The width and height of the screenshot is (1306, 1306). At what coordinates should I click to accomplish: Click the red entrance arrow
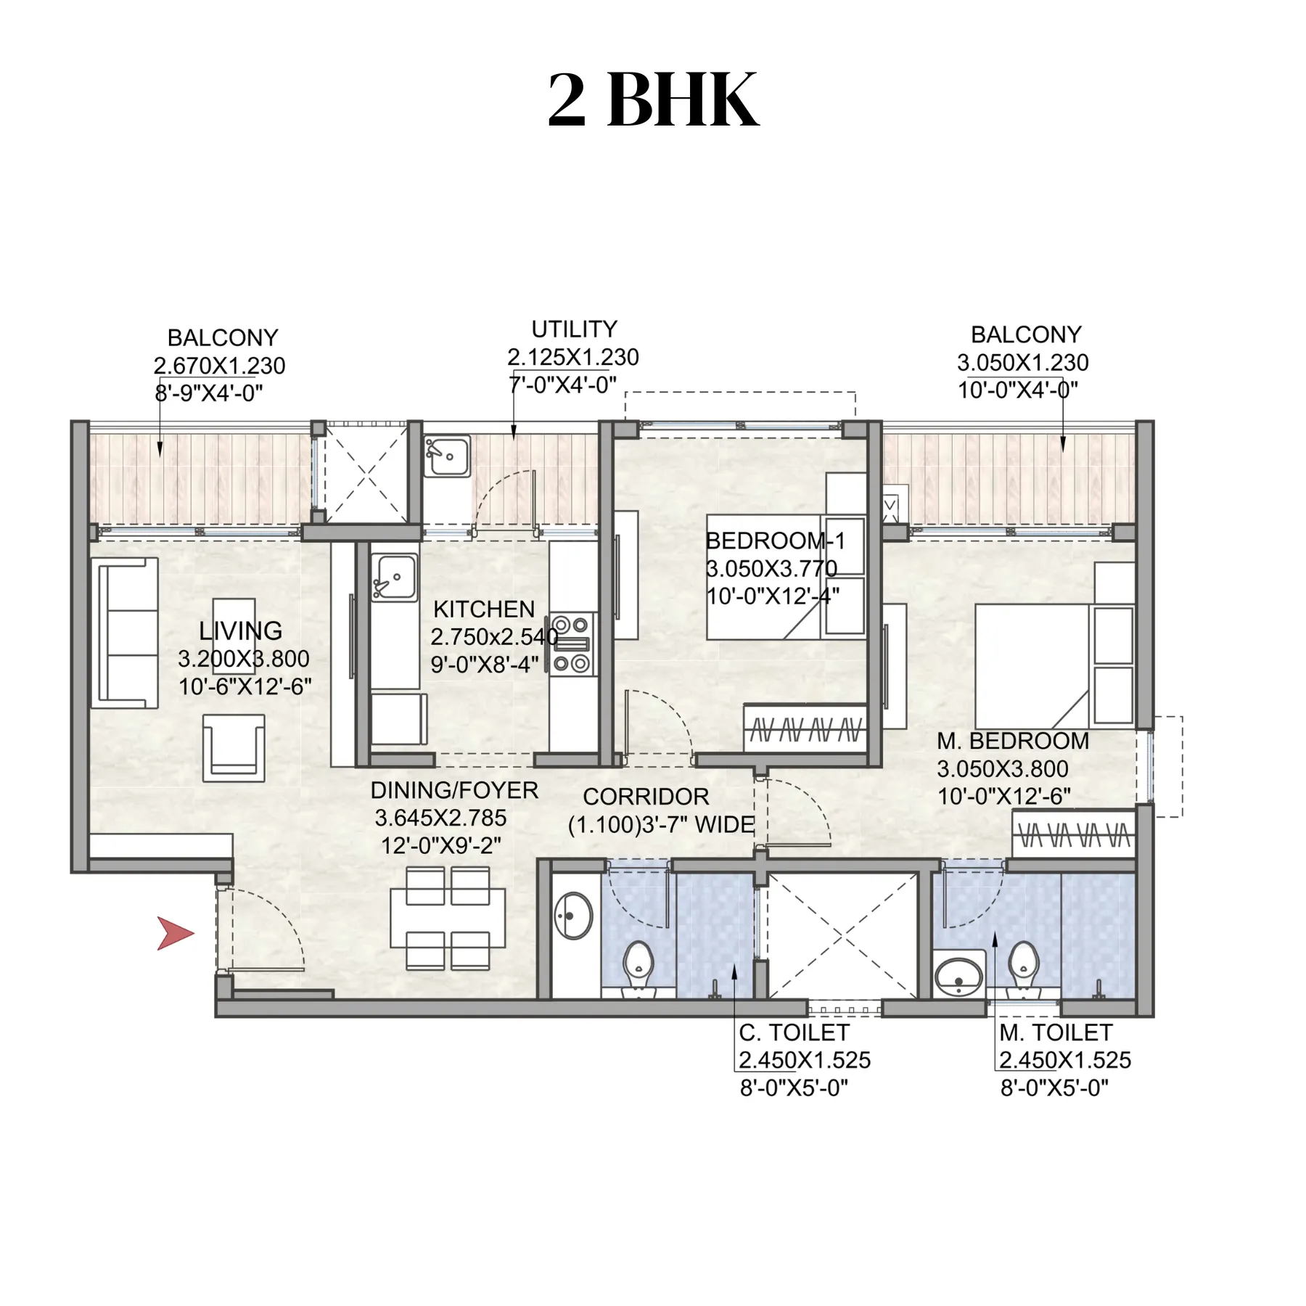[x=174, y=933]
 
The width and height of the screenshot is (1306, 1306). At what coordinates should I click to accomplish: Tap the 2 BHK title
[x=653, y=99]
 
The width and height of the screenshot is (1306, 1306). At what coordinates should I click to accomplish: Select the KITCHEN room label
[x=484, y=609]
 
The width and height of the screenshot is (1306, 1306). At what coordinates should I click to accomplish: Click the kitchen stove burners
[x=571, y=644]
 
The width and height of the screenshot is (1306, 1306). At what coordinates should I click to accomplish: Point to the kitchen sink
[x=394, y=578]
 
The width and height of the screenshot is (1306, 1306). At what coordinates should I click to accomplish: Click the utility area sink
[x=446, y=456]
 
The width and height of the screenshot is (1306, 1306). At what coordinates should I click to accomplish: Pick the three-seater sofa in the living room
[x=125, y=633]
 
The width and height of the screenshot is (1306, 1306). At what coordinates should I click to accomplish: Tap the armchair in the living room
[x=234, y=748]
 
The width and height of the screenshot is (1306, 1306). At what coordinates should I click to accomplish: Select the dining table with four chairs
[x=448, y=919]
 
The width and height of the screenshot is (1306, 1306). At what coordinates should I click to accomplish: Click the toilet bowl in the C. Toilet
[x=638, y=966]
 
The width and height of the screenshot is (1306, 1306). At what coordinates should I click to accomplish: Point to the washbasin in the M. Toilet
[x=958, y=976]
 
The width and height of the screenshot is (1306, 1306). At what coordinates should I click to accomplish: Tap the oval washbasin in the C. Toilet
[x=573, y=916]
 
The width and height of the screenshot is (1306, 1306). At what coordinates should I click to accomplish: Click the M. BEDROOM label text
[x=1013, y=741]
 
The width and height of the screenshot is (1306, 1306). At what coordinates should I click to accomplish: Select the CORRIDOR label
[x=646, y=797]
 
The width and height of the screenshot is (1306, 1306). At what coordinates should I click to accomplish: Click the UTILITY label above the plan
[x=574, y=329]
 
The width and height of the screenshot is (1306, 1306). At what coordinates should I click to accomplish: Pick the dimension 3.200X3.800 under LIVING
[x=244, y=659]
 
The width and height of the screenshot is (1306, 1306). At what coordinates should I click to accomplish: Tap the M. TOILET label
[x=1056, y=1032]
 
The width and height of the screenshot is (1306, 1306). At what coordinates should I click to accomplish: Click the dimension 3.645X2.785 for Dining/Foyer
[x=440, y=818]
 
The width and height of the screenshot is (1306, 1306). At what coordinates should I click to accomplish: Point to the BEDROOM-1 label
[x=776, y=541]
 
